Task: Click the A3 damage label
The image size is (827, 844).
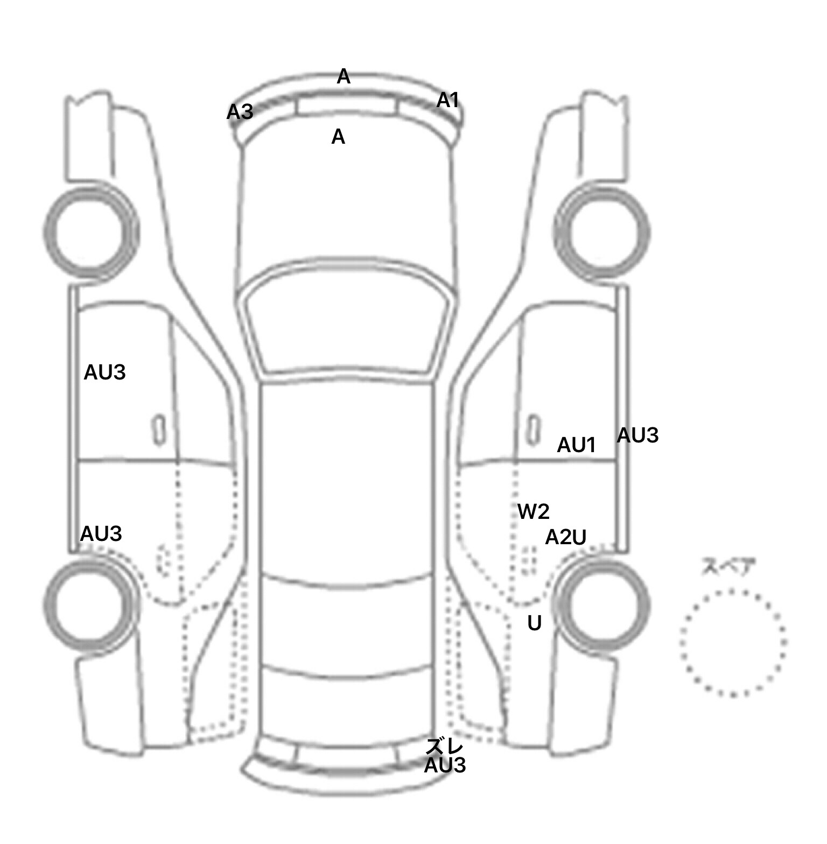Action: pyautogui.click(x=240, y=112)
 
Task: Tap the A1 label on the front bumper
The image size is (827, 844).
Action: pyautogui.click(x=447, y=100)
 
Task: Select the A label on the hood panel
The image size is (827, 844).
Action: pyautogui.click(x=338, y=137)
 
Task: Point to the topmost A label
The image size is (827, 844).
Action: pyautogui.click(x=344, y=77)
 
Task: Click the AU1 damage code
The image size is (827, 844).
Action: pyautogui.click(x=576, y=445)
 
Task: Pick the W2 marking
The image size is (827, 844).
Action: pyautogui.click(x=534, y=511)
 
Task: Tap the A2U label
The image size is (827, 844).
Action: pyautogui.click(x=566, y=537)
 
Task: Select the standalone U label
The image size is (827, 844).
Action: pyautogui.click(x=534, y=623)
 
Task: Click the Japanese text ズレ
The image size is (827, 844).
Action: pyautogui.click(x=444, y=747)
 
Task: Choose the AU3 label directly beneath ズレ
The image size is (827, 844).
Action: pyautogui.click(x=445, y=765)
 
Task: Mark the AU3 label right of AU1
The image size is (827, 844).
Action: pyautogui.click(x=637, y=435)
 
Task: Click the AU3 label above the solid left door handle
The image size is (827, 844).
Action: pyautogui.click(x=104, y=372)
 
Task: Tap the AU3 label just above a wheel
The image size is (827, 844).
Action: pyautogui.click(x=101, y=533)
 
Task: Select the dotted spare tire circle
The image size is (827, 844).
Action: pyautogui.click(x=733, y=642)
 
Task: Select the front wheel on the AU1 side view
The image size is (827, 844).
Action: pyautogui.click(x=602, y=233)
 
